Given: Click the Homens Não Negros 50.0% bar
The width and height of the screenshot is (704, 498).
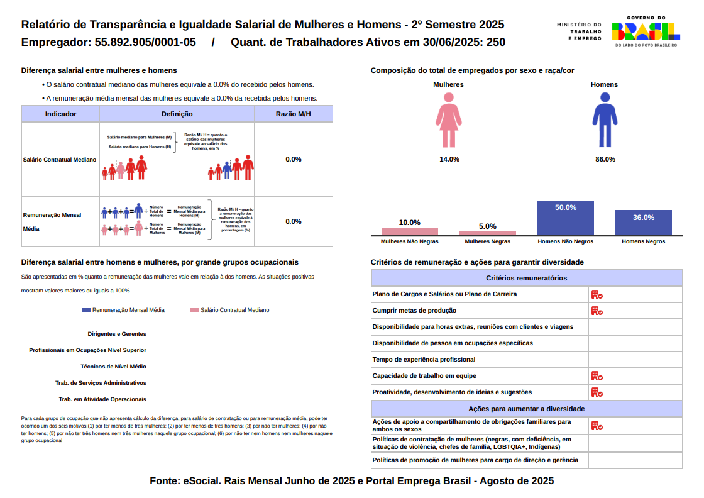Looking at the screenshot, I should tap(566, 218).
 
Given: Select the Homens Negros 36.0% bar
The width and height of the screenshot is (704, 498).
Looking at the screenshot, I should tap(644, 223).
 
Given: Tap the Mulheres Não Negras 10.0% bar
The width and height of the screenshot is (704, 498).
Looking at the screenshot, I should tap(410, 231).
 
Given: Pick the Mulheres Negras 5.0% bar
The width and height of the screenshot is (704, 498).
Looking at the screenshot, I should tap(488, 233).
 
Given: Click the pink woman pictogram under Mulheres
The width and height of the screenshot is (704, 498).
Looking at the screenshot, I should tap(449, 120).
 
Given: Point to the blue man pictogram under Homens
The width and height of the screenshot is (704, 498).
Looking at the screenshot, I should tap(605, 120).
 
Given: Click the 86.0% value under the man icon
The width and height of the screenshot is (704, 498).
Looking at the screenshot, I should tap(605, 160).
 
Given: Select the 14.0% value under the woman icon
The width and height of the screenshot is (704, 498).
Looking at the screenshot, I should tap(449, 160).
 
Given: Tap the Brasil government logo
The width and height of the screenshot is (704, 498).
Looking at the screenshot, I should tap(646, 31).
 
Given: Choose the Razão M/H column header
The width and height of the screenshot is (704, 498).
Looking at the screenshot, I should tap(294, 114).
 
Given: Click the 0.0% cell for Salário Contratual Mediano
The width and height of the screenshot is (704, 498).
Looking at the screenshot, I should tap(294, 159).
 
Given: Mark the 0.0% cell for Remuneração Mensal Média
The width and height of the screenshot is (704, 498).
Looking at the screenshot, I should tap(294, 221).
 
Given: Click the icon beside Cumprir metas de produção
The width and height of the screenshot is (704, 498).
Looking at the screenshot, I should tap(597, 311).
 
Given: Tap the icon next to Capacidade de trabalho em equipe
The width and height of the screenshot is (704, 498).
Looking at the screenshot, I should tap(597, 376).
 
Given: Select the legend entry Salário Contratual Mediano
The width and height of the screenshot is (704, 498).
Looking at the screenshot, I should tap(229, 310).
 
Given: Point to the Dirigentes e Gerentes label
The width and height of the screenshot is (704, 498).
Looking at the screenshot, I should tap(117, 334).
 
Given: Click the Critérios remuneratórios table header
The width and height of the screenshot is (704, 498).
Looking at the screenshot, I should tap(527, 278).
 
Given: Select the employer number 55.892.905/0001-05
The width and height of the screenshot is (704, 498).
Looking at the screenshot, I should tap(145, 43).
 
